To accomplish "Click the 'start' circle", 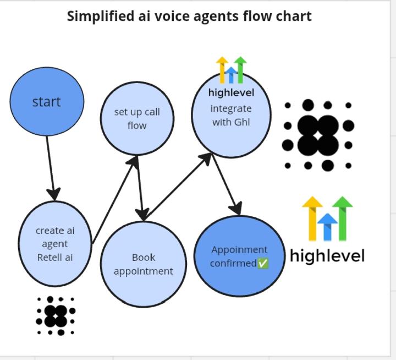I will [47, 102].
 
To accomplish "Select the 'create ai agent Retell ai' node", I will [54, 243].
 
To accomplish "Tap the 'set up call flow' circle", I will [137, 118].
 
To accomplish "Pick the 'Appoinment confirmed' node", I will [239, 257].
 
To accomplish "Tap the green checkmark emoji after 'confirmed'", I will [263, 264].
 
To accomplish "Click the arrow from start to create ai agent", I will [50, 165].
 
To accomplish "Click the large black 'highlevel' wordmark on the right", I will [327, 256].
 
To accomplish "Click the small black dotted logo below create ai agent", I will [56, 315].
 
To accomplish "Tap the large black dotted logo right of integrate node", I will [317, 135].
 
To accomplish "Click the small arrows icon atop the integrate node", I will [231, 69].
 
